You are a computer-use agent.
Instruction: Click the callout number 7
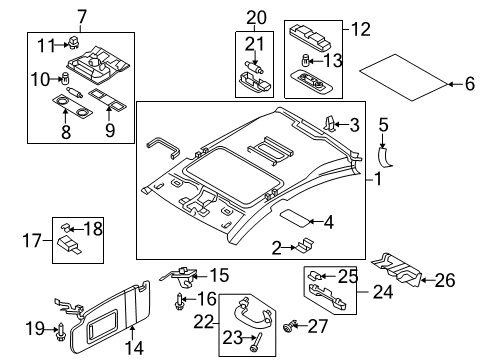pyautogui.click(x=82, y=17)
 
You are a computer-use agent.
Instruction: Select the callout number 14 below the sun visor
pyautogui.click(x=134, y=348)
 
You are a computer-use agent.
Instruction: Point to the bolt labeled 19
pyautogui.click(x=62, y=332)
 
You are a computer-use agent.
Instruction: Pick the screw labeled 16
pyautogui.click(x=179, y=301)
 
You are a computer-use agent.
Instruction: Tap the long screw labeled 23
pyautogui.click(x=256, y=342)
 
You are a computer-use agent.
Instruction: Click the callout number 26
pyautogui.click(x=445, y=280)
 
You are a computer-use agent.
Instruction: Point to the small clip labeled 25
pyautogui.click(x=315, y=275)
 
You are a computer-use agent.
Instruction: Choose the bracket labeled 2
pyautogui.click(x=304, y=245)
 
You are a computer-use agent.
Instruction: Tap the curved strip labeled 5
pyautogui.click(x=384, y=157)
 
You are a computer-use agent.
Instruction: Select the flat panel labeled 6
pyautogui.click(x=403, y=77)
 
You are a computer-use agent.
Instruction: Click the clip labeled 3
pyautogui.click(x=329, y=123)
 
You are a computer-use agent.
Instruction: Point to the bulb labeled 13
pyautogui.click(x=305, y=61)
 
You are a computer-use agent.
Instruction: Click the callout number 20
pyautogui.click(x=256, y=18)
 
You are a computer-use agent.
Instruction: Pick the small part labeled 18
pyautogui.click(x=65, y=228)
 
